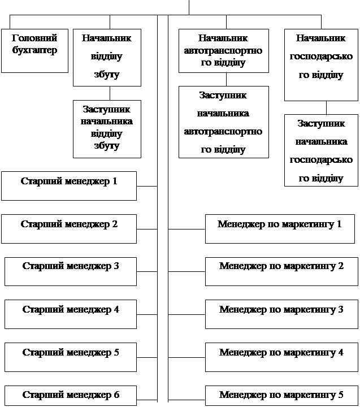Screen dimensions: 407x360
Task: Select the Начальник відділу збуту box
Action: tap(107, 57)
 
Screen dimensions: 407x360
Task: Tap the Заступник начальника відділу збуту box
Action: tap(107, 128)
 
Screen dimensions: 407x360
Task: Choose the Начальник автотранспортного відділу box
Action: tap(223, 51)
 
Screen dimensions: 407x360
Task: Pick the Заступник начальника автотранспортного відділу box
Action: tap(223, 122)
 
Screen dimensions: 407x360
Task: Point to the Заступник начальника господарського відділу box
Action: tap(320, 150)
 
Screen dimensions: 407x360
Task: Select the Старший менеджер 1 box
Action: tap(68, 185)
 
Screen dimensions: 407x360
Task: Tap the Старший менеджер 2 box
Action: tap(68, 228)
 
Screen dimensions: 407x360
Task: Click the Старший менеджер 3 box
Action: tap(71, 271)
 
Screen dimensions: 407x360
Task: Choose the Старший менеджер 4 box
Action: tap(71, 314)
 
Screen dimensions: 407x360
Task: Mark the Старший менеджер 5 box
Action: tap(71, 357)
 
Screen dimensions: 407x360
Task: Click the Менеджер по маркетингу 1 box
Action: tap(280, 228)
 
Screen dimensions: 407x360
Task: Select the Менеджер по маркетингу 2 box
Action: tap(280, 271)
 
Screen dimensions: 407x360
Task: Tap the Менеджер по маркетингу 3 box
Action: tap(280, 314)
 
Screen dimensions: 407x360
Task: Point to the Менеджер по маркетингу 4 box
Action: tap(280, 357)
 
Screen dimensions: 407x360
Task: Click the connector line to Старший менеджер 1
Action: tap(147, 185)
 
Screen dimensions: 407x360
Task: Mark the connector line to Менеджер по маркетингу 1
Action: tap(186, 229)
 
